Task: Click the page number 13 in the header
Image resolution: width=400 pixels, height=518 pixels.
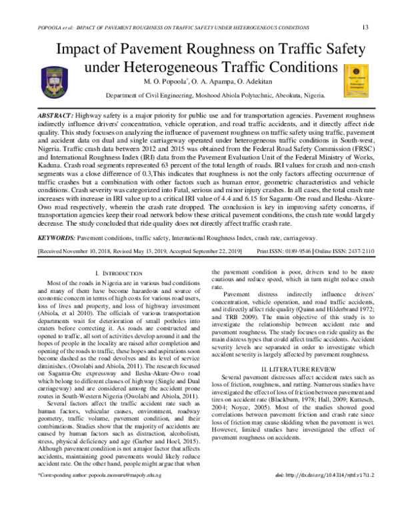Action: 365,27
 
